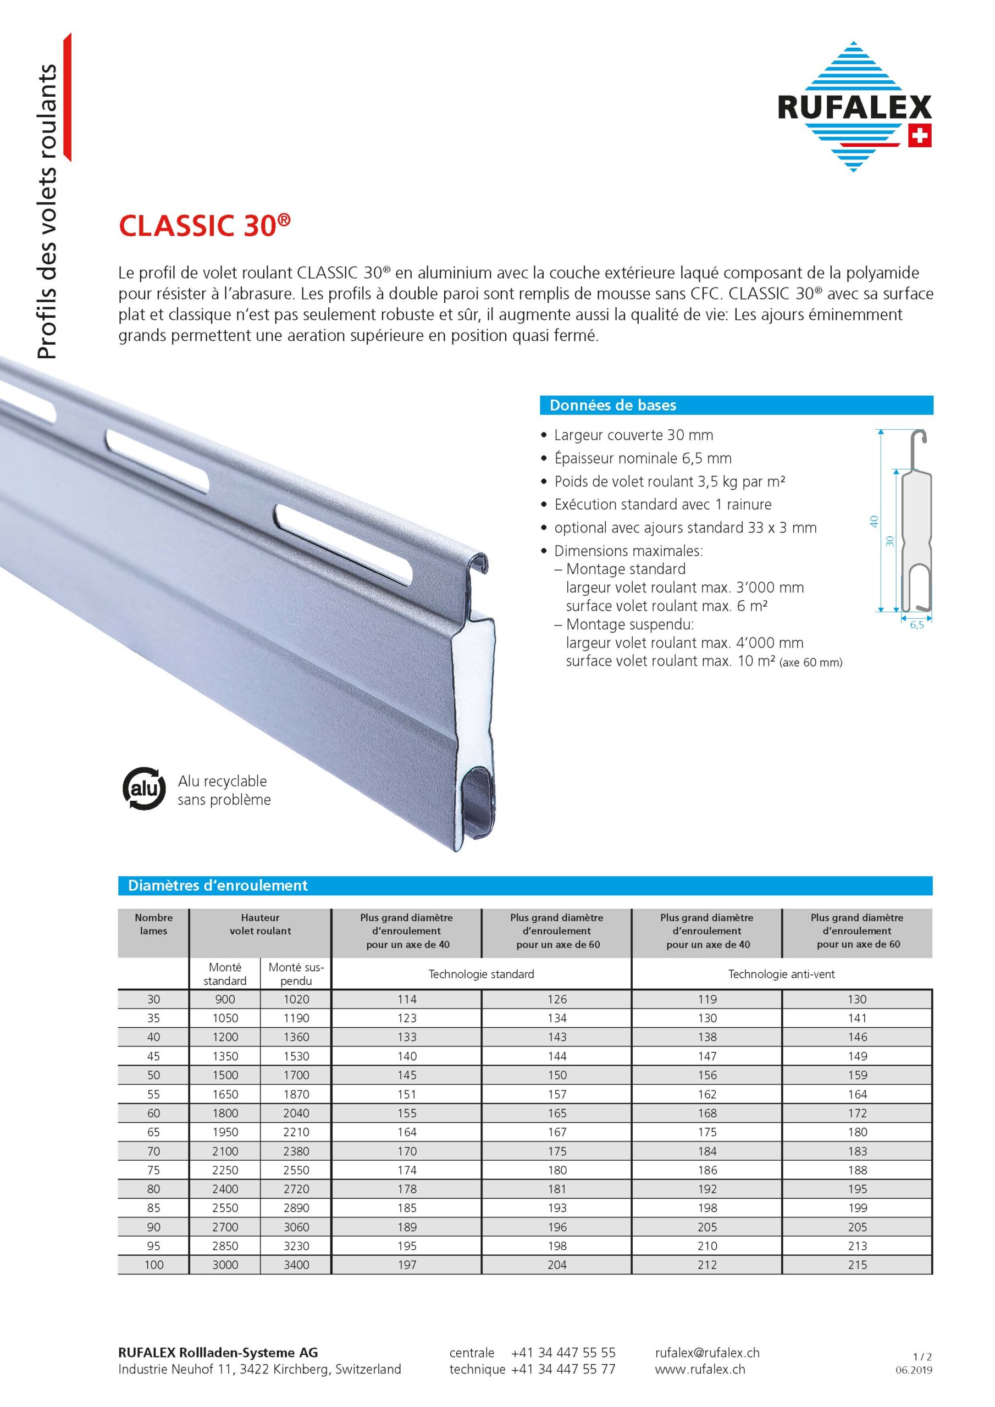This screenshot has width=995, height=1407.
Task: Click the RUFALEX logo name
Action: (x=854, y=107)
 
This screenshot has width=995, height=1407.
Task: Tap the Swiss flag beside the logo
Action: (x=919, y=136)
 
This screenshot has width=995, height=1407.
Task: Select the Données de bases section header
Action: (x=613, y=405)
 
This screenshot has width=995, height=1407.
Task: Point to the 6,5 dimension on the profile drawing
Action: (x=916, y=625)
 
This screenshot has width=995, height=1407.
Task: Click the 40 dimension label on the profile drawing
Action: (x=874, y=521)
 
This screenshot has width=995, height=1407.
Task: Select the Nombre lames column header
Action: (x=153, y=923)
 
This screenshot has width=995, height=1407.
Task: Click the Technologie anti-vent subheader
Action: (x=781, y=974)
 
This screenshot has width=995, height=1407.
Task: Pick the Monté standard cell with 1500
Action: (x=225, y=1075)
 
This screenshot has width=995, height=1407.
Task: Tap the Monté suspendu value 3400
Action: (x=296, y=1264)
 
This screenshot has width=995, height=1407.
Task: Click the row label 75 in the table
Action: (x=153, y=1170)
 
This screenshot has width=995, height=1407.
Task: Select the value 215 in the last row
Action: (x=857, y=1264)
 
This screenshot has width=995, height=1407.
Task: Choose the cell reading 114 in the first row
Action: (x=407, y=999)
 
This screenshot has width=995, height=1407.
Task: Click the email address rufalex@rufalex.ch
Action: (x=707, y=1353)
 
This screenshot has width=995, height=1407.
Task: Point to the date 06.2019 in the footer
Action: (x=914, y=1370)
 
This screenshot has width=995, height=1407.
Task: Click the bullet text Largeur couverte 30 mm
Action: (x=633, y=435)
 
